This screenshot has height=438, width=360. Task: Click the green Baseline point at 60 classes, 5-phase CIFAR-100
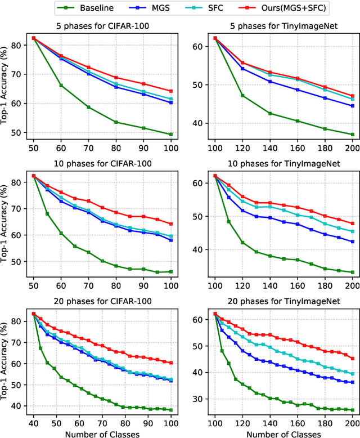pos(61,86)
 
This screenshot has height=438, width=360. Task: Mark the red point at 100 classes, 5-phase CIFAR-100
pos(171,91)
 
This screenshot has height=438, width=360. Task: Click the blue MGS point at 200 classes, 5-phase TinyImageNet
pos(353,106)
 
